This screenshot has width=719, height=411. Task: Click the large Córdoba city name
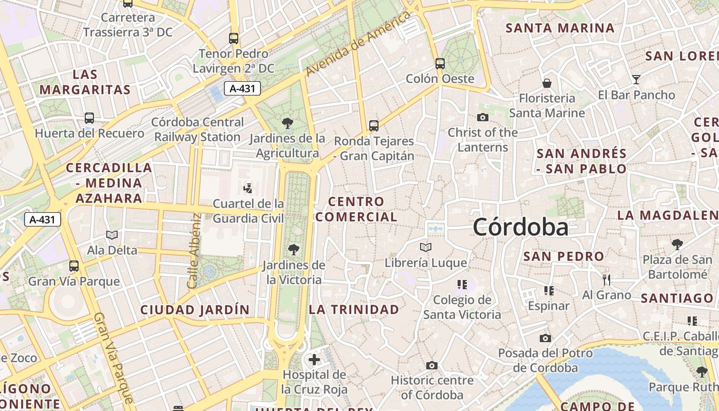[x=520, y=227]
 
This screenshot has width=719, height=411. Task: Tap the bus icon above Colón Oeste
[x=440, y=64]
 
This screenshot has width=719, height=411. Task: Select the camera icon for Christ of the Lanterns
[x=482, y=117]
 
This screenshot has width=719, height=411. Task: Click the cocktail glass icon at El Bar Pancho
[x=636, y=80]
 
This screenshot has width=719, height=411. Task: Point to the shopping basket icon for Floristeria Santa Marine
[x=547, y=83]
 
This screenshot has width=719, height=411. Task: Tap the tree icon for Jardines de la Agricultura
[x=288, y=123]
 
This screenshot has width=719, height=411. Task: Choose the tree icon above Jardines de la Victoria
[x=294, y=250]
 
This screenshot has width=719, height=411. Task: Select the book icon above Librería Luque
[x=426, y=248]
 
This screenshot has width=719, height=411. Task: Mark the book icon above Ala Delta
[x=112, y=235]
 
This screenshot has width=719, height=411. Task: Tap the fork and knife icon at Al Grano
[x=607, y=279]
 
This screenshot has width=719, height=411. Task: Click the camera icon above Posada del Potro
[x=545, y=338]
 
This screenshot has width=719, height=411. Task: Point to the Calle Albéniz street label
[x=193, y=251]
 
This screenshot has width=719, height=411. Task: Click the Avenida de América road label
[x=358, y=43]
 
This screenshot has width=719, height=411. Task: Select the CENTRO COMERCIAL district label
[x=356, y=209]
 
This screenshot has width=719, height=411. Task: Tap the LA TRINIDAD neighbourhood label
[x=354, y=309]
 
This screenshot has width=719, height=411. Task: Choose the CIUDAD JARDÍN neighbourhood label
[x=195, y=310]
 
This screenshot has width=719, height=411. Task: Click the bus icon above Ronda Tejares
[x=374, y=125]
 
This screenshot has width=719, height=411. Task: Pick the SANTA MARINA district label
[x=560, y=28]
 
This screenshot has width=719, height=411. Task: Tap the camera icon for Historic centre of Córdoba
[x=432, y=365]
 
